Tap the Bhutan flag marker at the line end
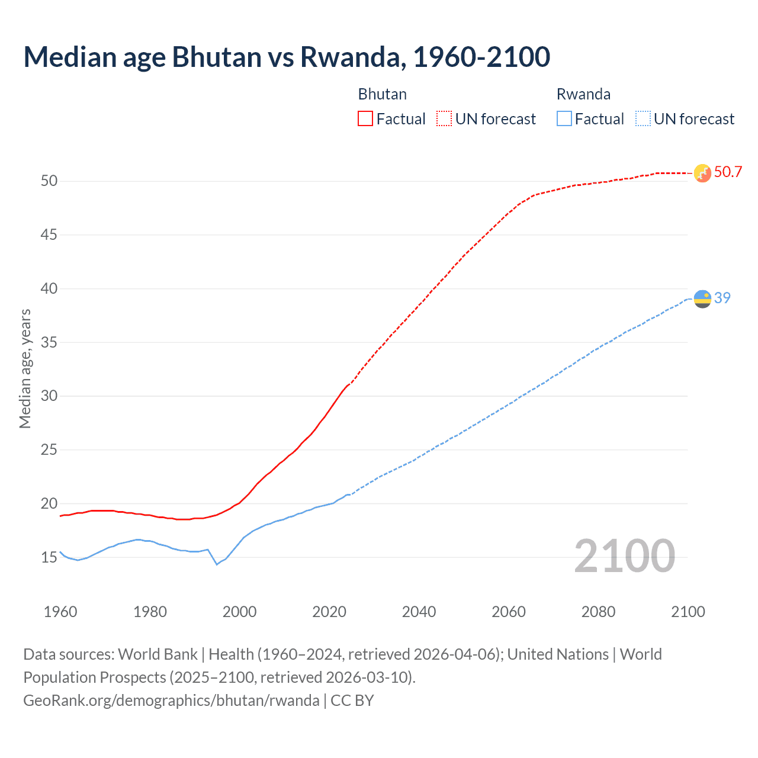click(702, 173)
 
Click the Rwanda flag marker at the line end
click(702, 298)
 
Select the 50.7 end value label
click(728, 172)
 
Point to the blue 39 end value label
click(722, 298)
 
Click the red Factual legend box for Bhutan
click(365, 119)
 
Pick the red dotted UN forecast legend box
click(444, 119)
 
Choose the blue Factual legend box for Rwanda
click(564, 119)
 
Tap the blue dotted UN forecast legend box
click(643, 119)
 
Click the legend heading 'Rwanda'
click(583, 94)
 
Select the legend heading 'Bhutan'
click(383, 94)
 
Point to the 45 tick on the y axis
click(49, 235)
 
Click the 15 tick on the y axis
click(49, 558)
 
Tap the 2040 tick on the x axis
click(419, 612)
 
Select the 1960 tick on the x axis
click(60, 612)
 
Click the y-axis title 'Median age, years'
click(25, 368)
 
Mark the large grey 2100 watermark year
click(624, 555)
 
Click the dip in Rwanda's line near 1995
click(217, 564)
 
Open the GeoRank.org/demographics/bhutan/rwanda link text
click(171, 701)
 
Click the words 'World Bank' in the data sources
click(158, 654)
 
